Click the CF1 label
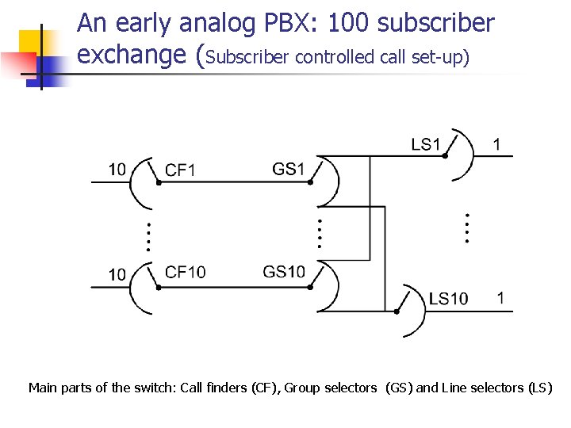pyautogui.click(x=180, y=170)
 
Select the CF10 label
pyautogui.click(x=185, y=272)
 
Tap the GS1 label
pyautogui.click(x=289, y=169)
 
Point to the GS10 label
pyautogui.click(x=284, y=272)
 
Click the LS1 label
pyautogui.click(x=426, y=144)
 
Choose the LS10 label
pyautogui.click(x=448, y=299)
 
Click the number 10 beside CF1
pyautogui.click(x=117, y=169)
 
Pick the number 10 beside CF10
pyautogui.click(x=117, y=274)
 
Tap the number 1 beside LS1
pyautogui.click(x=496, y=144)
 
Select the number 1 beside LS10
pyautogui.click(x=500, y=298)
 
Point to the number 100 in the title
pyautogui.click(x=348, y=24)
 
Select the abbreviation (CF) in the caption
pyautogui.click(x=265, y=388)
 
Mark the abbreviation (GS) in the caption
pyautogui.click(x=397, y=388)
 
